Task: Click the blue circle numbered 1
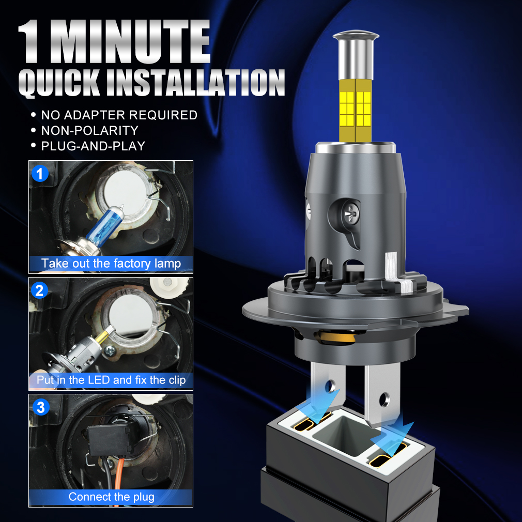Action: coord(40,174)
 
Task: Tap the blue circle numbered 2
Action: coord(40,290)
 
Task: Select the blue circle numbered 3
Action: coord(41,407)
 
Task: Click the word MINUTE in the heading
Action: coord(130,41)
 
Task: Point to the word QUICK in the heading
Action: coord(59,83)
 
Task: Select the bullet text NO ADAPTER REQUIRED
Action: coord(119,115)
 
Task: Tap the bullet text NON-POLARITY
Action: coord(89,130)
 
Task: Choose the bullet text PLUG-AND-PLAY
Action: coord(93,146)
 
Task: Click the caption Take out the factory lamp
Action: coord(111,264)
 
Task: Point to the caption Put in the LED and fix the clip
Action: coord(111,380)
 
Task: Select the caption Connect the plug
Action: coord(111,497)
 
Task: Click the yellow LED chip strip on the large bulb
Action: coord(355,110)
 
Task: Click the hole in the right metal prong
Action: coord(385,399)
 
